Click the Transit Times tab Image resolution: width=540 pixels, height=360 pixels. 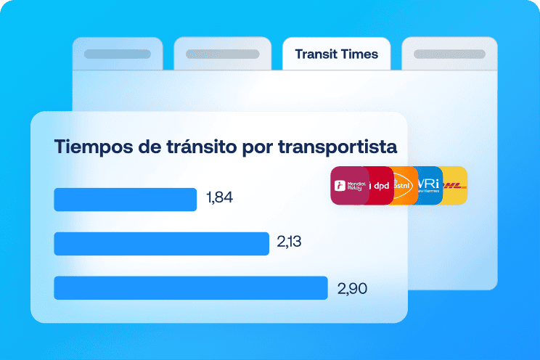point(336,54)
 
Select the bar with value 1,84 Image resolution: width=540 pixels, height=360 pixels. point(126,200)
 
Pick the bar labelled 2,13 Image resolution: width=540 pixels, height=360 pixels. point(161,244)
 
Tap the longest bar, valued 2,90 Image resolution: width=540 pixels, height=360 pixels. point(191,287)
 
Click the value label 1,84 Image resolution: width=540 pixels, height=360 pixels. point(220,198)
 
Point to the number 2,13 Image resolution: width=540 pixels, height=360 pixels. point(289,242)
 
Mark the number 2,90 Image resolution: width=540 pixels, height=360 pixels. point(353,288)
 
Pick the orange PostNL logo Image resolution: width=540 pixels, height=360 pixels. point(404,186)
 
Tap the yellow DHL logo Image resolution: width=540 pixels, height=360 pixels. point(456,186)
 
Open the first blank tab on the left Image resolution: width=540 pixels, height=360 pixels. point(118,54)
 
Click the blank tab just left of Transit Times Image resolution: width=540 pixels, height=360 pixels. point(218,54)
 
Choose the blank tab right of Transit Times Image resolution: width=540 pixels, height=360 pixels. point(449,54)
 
